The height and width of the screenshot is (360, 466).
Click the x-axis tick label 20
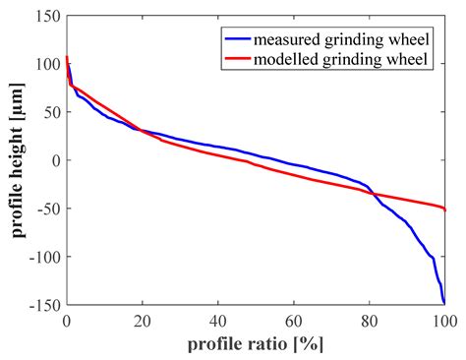click(142, 321)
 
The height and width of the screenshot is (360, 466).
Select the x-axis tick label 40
click(217, 321)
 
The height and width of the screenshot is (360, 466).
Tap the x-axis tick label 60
click(293, 321)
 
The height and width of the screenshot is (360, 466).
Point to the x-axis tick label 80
click(369, 321)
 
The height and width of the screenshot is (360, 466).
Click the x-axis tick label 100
click(443, 321)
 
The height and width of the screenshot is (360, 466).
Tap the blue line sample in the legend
click(238, 40)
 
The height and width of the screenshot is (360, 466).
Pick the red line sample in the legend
click(238, 61)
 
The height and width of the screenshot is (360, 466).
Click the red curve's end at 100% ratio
click(444, 210)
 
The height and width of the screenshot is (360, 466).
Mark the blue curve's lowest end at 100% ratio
click(444, 303)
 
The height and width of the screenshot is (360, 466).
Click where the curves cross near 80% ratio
click(375, 194)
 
